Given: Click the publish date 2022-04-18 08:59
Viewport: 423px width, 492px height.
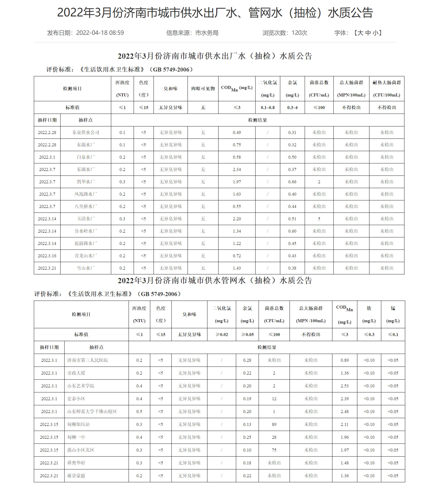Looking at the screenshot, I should coord(100,33).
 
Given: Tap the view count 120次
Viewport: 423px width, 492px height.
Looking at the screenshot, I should coord(299,33).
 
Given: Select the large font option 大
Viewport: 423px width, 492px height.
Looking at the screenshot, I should coord(361,33).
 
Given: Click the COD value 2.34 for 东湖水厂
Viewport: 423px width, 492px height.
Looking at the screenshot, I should coord(237,170).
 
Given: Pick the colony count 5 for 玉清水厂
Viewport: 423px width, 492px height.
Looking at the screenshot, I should coord(319,219).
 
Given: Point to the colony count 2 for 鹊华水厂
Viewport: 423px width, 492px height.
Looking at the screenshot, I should coord(319,182).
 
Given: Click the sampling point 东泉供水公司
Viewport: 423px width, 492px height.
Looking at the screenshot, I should coord(86,133).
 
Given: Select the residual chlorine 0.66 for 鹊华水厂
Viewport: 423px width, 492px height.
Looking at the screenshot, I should coord(292,182).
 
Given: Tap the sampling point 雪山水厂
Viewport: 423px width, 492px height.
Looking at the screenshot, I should coord(86,268).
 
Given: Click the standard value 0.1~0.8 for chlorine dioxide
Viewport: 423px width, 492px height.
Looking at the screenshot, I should coord(268,108).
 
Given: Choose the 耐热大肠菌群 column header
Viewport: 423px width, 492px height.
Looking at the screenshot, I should coord(387,83).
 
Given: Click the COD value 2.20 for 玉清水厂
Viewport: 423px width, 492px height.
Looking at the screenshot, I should coord(237,219).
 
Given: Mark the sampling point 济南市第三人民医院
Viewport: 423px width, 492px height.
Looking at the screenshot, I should coord(87,360).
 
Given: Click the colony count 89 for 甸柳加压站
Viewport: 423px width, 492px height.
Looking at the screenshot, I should coord(274,425).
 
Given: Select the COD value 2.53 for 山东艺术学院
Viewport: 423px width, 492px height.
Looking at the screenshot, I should coord(344,386).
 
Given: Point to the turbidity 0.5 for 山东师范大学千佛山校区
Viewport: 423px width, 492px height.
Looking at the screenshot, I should coord(139,412).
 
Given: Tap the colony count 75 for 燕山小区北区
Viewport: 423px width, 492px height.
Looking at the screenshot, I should coord(274,450).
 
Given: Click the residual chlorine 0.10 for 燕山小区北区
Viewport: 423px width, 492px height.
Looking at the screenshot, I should coord(247,450).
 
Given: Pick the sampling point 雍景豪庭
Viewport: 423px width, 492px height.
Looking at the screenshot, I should coord(76,476).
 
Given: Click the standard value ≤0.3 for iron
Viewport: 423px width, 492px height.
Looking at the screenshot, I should coord(369,335).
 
